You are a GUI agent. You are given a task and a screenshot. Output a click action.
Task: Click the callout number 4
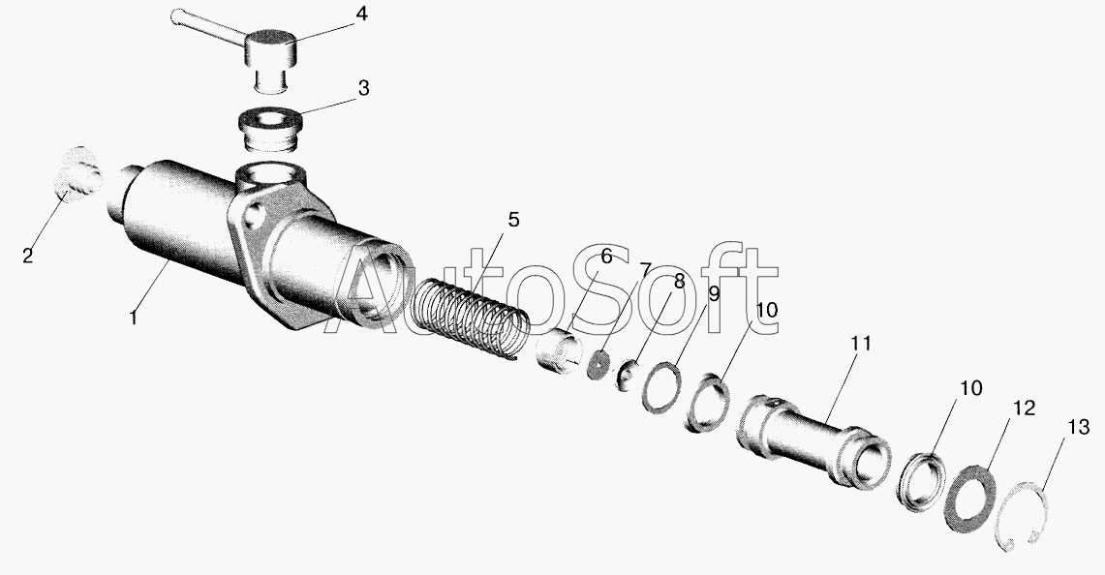point(360,15)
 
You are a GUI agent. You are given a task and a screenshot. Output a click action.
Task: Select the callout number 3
point(363,89)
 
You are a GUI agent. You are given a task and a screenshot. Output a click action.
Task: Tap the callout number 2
point(27,256)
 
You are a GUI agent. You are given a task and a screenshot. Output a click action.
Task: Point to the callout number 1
point(134,318)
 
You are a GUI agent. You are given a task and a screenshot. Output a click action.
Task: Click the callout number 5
point(513,220)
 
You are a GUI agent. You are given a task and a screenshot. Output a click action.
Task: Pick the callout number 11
point(860,344)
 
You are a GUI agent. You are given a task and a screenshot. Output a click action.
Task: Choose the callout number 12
point(1025,408)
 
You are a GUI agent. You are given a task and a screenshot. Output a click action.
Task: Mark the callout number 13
point(1078,427)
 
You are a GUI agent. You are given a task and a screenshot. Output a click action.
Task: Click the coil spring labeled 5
point(470,318)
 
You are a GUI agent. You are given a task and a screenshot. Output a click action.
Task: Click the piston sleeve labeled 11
point(813,441)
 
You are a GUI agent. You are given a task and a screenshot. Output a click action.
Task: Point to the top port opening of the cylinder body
point(270,174)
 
